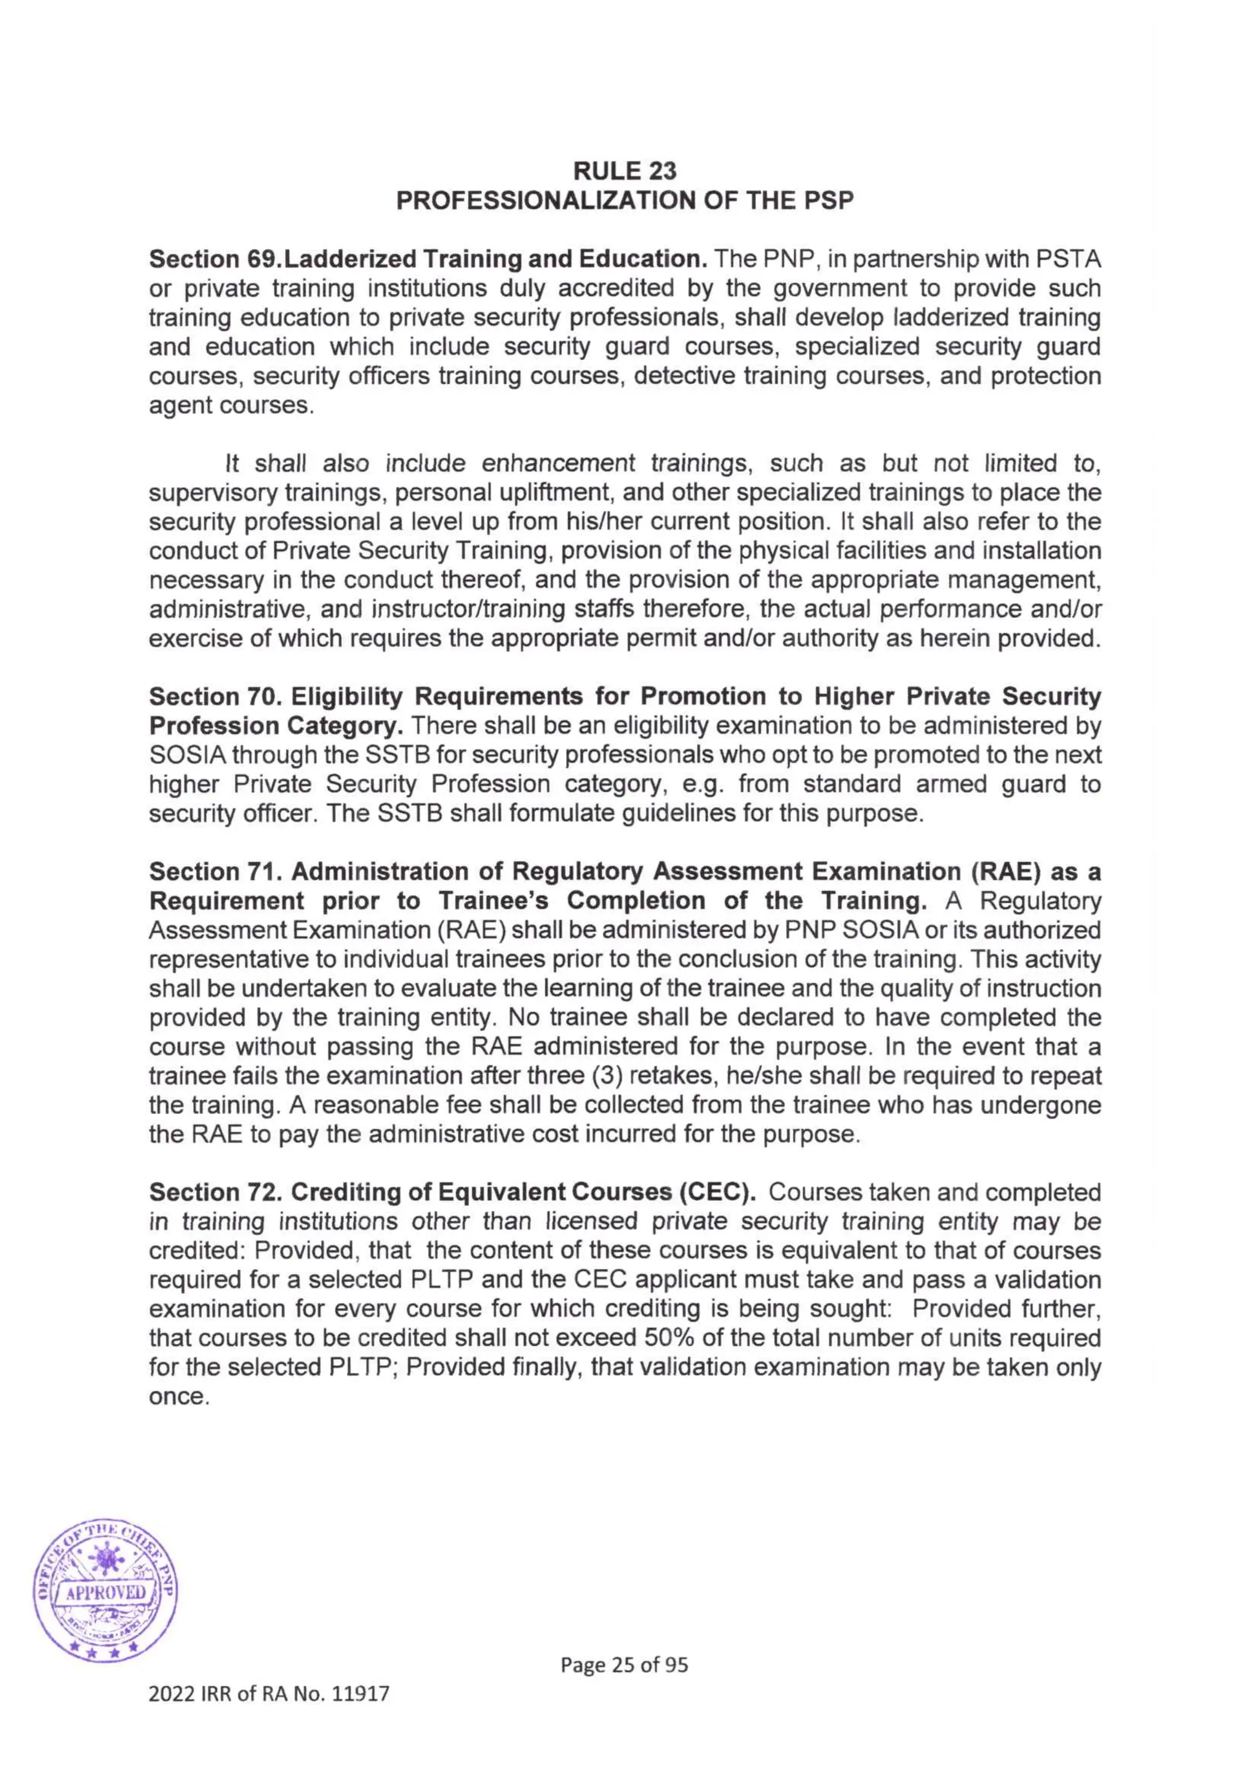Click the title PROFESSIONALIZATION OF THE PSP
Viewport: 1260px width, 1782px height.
coord(624,201)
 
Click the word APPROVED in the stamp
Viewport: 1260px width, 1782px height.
coord(106,1592)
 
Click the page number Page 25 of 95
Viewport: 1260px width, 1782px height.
coord(624,1664)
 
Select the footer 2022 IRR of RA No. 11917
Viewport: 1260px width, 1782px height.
coord(269,1693)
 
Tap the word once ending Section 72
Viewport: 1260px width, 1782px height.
coord(178,1397)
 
